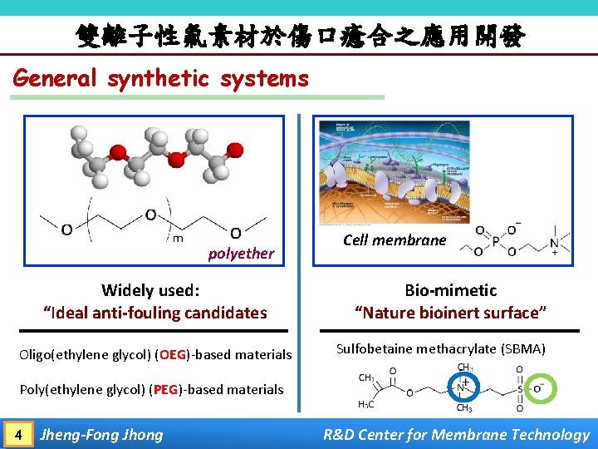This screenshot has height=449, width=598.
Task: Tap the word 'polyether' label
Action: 241,254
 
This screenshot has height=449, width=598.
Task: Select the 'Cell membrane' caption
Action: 394,240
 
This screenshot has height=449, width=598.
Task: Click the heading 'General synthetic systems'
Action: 161,79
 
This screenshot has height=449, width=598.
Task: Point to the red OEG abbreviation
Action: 174,355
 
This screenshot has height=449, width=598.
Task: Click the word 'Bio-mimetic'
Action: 450,290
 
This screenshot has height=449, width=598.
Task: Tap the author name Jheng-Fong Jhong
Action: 102,434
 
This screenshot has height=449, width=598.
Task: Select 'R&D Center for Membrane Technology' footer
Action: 456,434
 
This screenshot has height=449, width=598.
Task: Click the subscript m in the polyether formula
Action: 177,239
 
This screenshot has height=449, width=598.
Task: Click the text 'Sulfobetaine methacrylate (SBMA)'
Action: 440,348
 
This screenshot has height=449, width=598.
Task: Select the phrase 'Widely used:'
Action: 150,290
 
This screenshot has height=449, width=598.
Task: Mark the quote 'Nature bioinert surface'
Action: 450,313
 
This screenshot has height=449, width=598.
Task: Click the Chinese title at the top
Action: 299,35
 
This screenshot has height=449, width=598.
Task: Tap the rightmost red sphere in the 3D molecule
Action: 235,150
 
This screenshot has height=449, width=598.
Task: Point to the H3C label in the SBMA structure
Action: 366,405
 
